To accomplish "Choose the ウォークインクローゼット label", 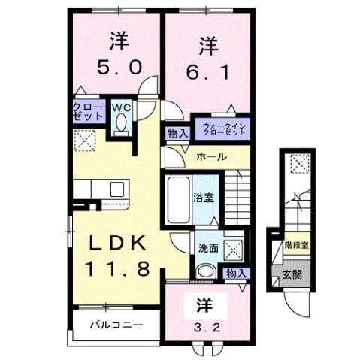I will click(x=221, y=127).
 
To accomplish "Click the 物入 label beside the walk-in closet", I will click(x=177, y=133).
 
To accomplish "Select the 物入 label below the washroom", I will click(x=235, y=273).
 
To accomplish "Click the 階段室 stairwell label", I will click(x=295, y=245).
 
